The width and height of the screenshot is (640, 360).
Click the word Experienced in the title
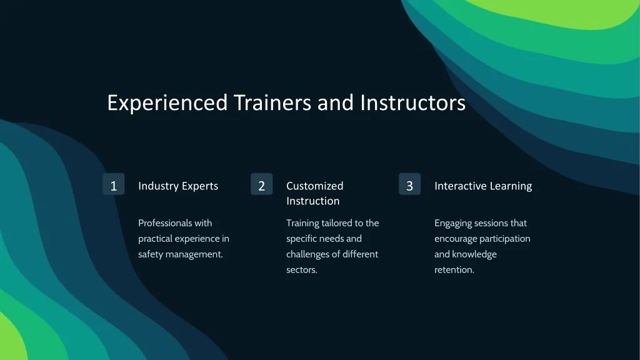(x=167, y=103)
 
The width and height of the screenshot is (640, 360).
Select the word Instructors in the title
(x=412, y=102)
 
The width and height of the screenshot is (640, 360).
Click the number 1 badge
(x=114, y=184)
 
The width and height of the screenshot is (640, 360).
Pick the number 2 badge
(x=262, y=184)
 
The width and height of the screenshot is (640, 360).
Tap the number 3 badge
(x=410, y=184)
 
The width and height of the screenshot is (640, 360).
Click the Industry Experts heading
(x=178, y=186)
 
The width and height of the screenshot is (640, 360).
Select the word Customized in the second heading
(x=315, y=186)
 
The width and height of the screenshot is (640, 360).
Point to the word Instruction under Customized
(x=313, y=201)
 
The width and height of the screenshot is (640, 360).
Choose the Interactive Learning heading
(x=483, y=186)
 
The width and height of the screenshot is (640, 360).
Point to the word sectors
(x=302, y=270)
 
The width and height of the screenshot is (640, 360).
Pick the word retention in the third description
(x=454, y=270)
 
